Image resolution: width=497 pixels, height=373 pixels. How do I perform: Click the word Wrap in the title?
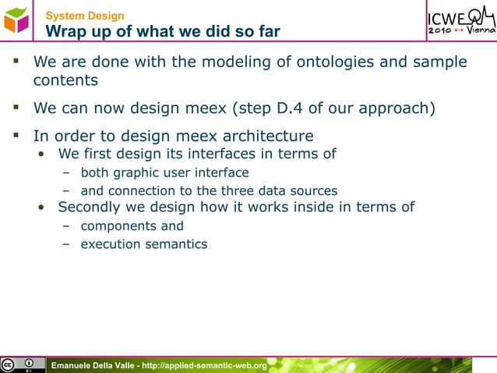click(67, 31)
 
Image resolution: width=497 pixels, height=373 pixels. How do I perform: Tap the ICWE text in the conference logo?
click(448, 17)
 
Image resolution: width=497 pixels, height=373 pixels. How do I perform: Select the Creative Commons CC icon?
click(9, 364)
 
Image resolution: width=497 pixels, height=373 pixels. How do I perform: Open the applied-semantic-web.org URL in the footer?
click(205, 365)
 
